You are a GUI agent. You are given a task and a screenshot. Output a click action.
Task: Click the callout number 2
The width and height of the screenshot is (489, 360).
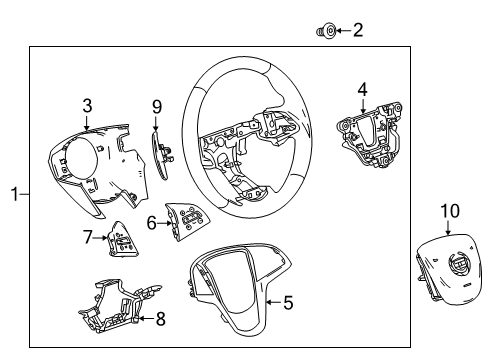click(357, 30)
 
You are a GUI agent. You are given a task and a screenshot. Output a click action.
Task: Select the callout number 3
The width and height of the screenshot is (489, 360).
click(87, 104)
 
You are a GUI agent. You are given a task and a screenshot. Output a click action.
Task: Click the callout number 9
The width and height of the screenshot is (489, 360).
click(156, 106)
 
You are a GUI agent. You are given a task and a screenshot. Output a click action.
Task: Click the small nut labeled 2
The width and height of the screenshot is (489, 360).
click(326, 31)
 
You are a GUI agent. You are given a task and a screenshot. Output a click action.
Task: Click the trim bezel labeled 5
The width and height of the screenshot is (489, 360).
click(235, 285)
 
